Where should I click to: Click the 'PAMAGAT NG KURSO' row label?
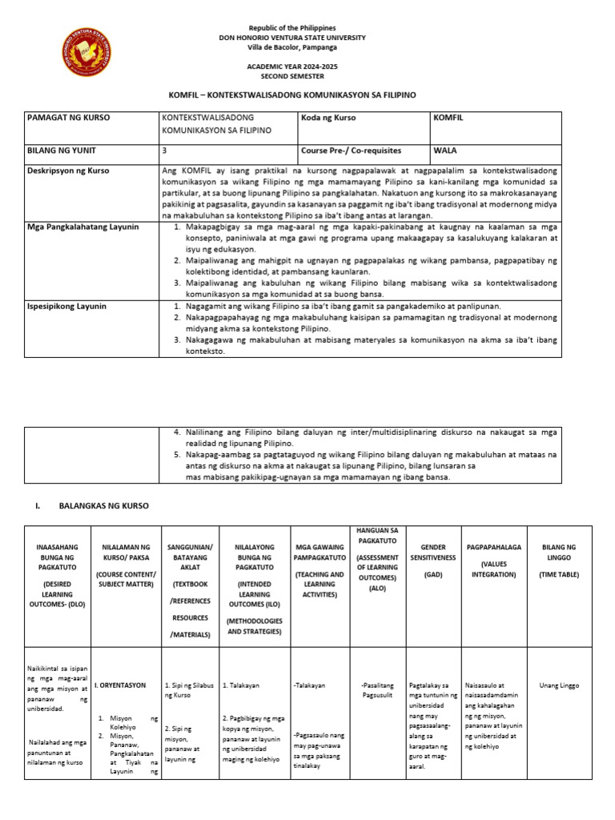(x=69, y=118)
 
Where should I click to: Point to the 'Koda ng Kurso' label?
(x=328, y=118)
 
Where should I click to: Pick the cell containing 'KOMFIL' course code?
(x=448, y=118)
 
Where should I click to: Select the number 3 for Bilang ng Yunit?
(x=165, y=150)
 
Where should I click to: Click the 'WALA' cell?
(x=445, y=150)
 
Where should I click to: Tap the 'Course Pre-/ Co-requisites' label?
(x=351, y=150)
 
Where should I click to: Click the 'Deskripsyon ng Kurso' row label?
(x=69, y=171)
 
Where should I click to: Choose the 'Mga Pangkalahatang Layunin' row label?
(x=82, y=227)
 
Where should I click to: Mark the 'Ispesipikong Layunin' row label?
(x=67, y=307)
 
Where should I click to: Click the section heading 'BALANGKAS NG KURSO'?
(x=103, y=506)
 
